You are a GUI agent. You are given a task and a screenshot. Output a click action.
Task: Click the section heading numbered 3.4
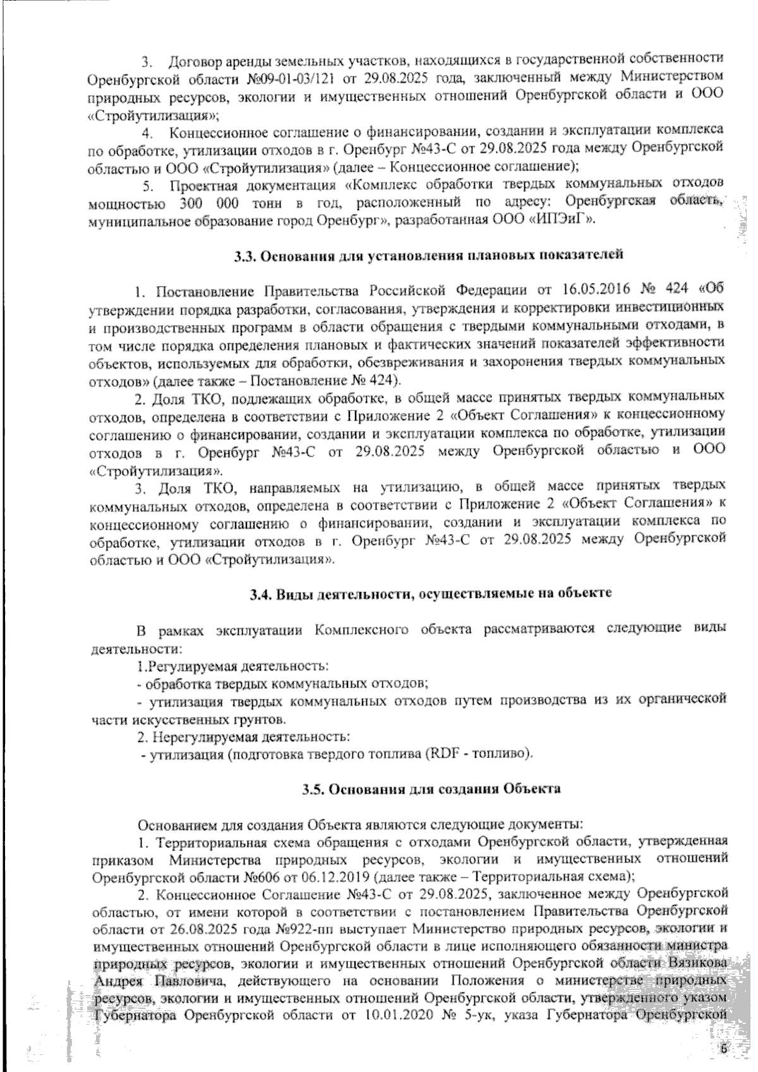430,594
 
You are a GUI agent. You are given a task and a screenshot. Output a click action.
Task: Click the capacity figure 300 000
208,204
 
